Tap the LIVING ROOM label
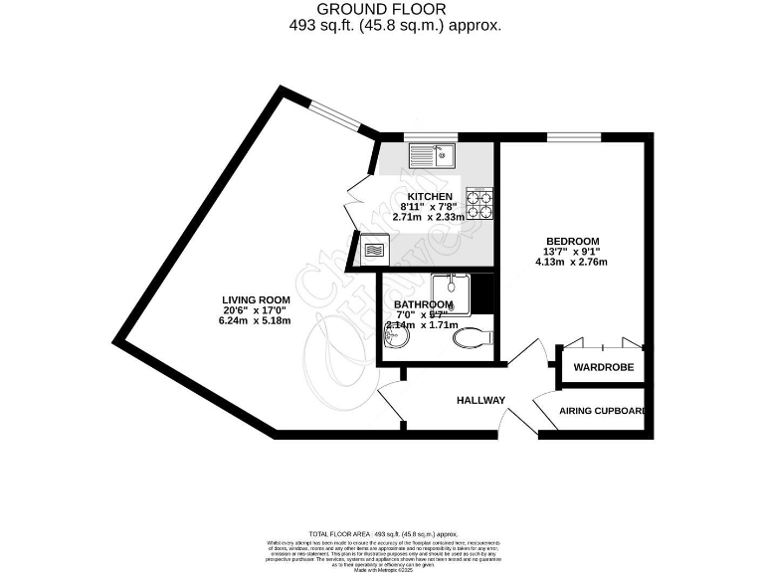256,299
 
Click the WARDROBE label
603,367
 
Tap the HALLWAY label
481,401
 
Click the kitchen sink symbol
432,155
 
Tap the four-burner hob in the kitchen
480,204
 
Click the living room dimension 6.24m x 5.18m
256,320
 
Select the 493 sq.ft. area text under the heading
395,25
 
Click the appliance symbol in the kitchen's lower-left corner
374,248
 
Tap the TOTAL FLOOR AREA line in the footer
381,534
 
